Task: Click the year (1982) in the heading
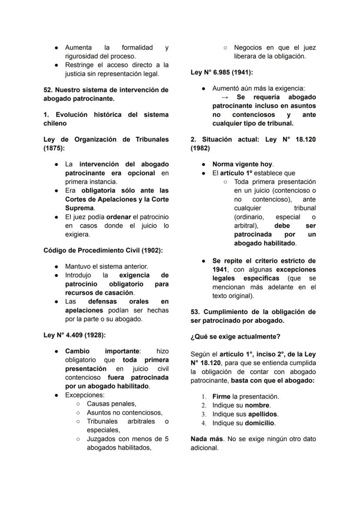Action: [x=200, y=148]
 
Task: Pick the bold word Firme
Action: [x=222, y=396]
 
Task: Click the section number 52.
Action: [x=48, y=90]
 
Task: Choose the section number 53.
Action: [x=195, y=312]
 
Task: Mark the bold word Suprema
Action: [x=80, y=208]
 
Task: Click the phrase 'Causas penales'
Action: [x=111, y=404]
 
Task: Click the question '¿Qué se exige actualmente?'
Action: [x=235, y=337]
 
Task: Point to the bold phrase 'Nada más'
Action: [x=207, y=439]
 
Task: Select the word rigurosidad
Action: [x=83, y=56]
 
